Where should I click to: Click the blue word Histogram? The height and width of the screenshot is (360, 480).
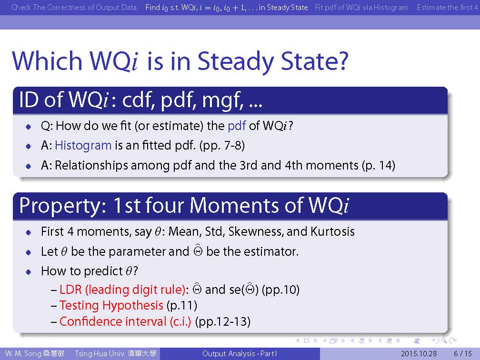pos(83,145)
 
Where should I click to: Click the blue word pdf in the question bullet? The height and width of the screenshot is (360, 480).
pos(237,126)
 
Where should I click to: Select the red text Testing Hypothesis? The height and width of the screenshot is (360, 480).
pos(111,305)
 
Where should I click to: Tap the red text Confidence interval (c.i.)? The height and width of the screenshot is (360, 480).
pos(125,321)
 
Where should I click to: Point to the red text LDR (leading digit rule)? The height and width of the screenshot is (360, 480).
pos(122,290)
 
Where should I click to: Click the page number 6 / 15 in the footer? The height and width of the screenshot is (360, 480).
pos(463,353)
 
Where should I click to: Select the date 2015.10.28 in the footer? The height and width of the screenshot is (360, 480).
pos(419,353)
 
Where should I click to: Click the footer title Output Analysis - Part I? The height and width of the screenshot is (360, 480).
pos(240,353)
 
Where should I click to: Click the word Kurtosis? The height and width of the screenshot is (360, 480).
pos(332,231)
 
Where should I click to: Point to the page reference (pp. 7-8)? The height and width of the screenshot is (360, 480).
pos(222,145)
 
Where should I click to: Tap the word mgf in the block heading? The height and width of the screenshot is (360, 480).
pos(223,100)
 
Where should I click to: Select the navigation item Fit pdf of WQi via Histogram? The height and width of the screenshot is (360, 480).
pos(361,7)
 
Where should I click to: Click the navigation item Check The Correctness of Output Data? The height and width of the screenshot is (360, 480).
pos(74,7)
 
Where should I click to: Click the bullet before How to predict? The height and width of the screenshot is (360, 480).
pos(29,271)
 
